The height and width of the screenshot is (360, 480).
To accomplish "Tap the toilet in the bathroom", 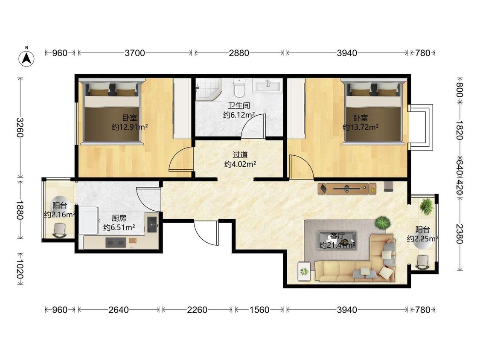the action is click(239, 87).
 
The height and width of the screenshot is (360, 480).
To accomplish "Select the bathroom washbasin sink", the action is click(267, 85).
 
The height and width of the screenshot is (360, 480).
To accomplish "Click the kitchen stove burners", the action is click(115, 242).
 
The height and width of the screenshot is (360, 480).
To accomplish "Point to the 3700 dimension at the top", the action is click(135, 53).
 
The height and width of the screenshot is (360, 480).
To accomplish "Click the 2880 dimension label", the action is click(239, 53).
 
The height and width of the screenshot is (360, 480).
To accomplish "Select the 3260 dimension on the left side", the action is click(20, 128).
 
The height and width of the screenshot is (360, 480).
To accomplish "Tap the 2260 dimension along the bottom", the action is click(197, 310).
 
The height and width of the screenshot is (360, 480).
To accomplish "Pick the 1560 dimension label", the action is click(259, 310).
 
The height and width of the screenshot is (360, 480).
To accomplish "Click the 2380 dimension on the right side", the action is click(460, 234).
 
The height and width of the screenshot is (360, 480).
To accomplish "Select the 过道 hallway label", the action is click(240, 155).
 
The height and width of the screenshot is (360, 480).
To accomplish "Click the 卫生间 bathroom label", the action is click(239, 106).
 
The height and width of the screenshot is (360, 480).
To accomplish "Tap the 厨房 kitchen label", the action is click(119, 218).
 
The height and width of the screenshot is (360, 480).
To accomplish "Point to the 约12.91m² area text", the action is click(130, 127).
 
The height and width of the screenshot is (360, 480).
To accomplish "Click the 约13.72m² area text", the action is click(361, 127).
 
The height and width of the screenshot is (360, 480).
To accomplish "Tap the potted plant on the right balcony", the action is click(427, 206).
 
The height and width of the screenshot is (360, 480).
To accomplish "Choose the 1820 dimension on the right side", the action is click(460, 130).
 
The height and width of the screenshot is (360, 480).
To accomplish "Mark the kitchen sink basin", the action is click(152, 224).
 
